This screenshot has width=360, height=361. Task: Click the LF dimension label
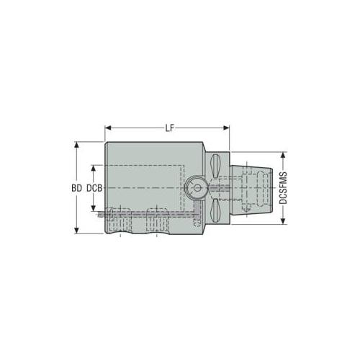coord(169,128)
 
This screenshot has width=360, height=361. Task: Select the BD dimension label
coord(76,188)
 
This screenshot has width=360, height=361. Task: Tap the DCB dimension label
coord(94,188)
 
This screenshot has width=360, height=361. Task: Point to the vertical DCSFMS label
coord(284,188)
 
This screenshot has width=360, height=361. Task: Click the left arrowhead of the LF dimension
coord(108,128)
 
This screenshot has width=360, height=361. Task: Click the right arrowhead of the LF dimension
coord(226,128)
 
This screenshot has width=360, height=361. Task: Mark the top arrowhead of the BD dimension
coord(76,145)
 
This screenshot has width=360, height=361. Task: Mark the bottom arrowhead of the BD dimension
coord(76,231)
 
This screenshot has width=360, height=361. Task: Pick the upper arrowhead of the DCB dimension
coord(94,168)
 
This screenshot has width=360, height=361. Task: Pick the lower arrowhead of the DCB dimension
coord(94,208)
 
